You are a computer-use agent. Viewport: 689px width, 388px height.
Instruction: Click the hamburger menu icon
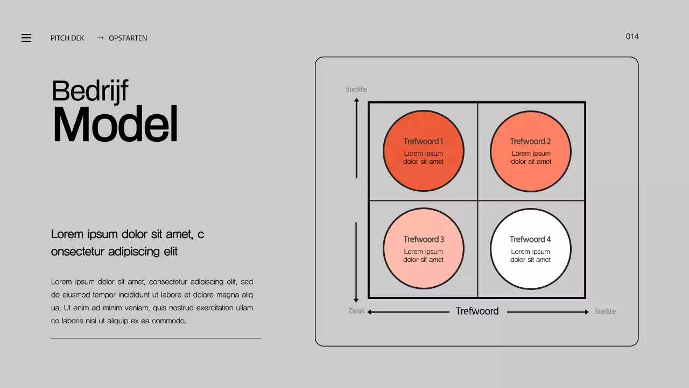click(26, 38)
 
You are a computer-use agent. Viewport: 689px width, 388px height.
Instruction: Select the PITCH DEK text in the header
click(67, 38)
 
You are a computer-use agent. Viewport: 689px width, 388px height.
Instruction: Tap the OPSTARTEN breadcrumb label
click(128, 38)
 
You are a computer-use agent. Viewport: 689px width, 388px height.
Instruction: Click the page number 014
click(632, 37)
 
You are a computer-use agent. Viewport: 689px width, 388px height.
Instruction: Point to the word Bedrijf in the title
click(90, 91)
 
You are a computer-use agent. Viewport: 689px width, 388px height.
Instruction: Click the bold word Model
click(115, 124)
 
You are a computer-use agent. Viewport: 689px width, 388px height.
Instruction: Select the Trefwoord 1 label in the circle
click(423, 141)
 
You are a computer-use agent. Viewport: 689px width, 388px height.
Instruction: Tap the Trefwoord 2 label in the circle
click(530, 141)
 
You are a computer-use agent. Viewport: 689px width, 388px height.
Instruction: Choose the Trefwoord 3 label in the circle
click(424, 239)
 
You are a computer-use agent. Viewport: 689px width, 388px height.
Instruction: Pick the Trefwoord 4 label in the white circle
click(530, 239)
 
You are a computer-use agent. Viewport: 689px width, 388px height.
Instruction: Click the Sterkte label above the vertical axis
click(356, 89)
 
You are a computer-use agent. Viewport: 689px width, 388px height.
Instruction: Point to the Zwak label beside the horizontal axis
click(356, 311)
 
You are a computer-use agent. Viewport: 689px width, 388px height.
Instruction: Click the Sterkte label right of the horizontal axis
click(604, 311)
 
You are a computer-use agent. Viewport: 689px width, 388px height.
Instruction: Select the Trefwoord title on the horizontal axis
click(477, 311)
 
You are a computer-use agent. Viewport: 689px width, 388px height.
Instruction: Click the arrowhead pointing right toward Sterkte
click(586, 312)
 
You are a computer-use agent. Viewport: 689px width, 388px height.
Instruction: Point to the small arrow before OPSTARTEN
click(101, 38)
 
